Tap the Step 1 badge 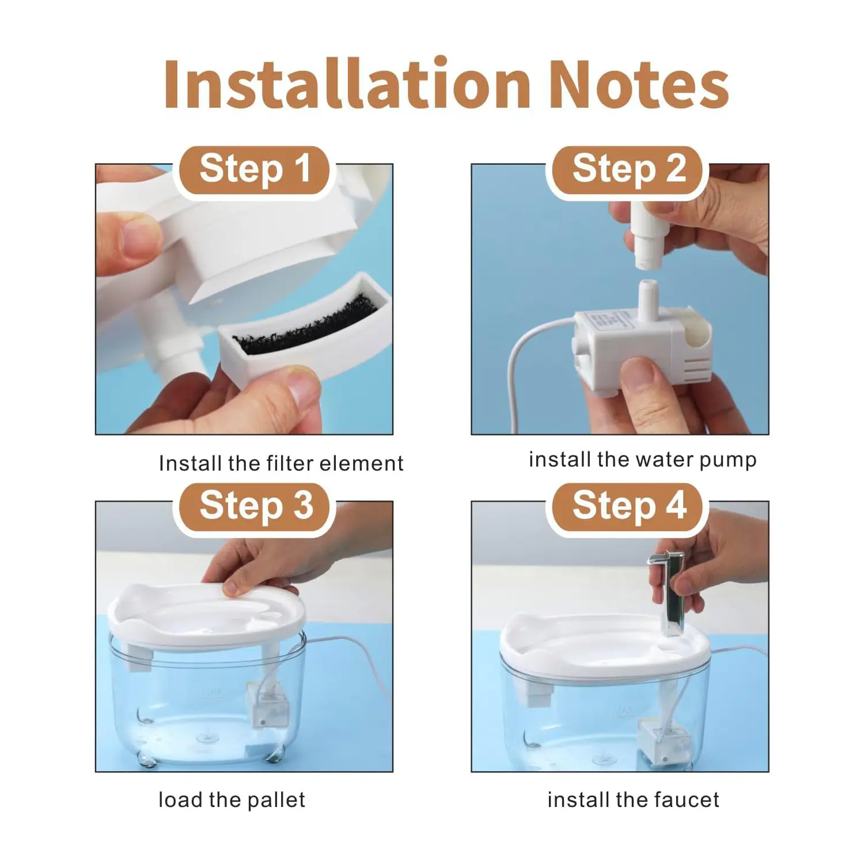click(x=254, y=169)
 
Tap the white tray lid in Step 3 click(x=206, y=616)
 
